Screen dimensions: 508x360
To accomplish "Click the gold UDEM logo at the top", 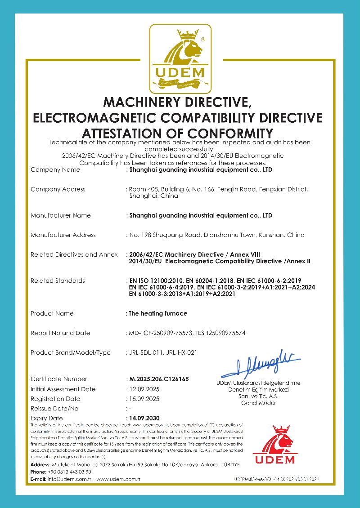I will point(180,58).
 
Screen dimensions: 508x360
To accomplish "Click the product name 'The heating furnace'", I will point(158,313).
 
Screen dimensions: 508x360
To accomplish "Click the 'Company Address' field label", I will point(58,189).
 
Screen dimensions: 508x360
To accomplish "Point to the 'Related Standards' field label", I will point(58,281).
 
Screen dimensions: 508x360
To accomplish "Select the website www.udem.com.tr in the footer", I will point(118,480).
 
